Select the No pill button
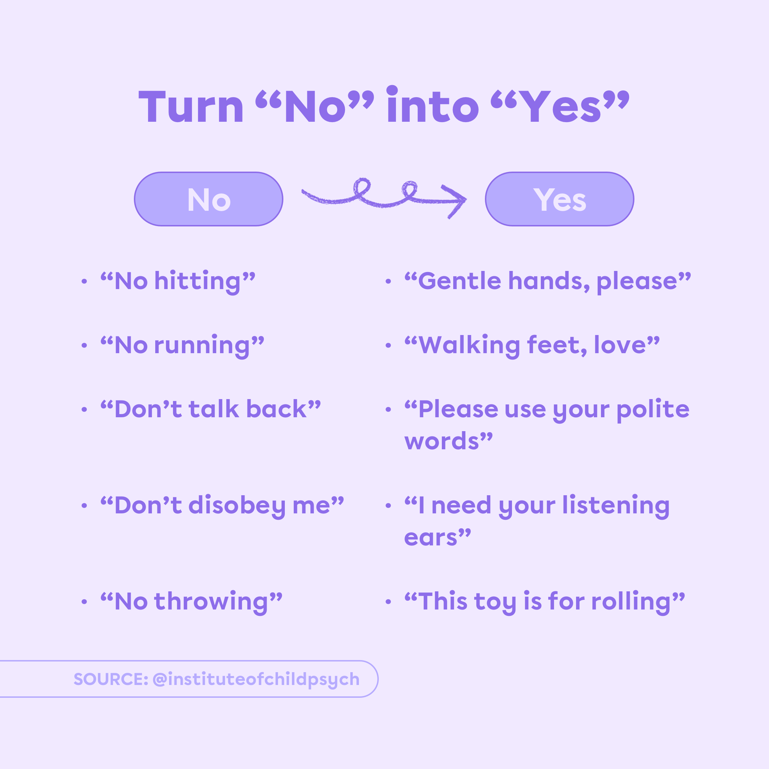[x=209, y=199]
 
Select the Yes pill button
[x=559, y=199]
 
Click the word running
[x=202, y=345]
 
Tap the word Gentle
[x=460, y=281]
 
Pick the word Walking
[x=470, y=345]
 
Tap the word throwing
[x=211, y=602]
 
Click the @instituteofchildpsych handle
[x=256, y=679]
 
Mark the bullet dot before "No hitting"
[x=84, y=281]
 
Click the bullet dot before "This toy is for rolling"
[x=388, y=602]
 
